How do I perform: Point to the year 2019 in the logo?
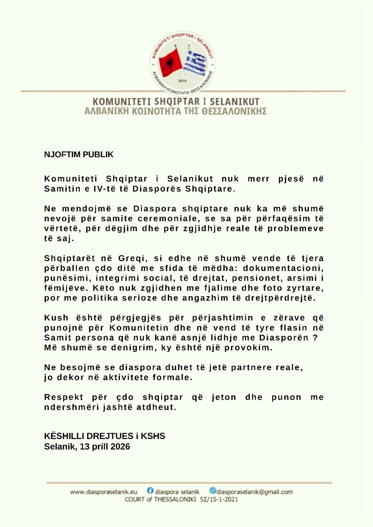click(x=182, y=81)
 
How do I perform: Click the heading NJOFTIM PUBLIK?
click(x=79, y=154)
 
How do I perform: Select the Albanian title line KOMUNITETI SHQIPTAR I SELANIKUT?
click(x=176, y=102)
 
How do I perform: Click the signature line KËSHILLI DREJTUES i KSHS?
click(x=104, y=436)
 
